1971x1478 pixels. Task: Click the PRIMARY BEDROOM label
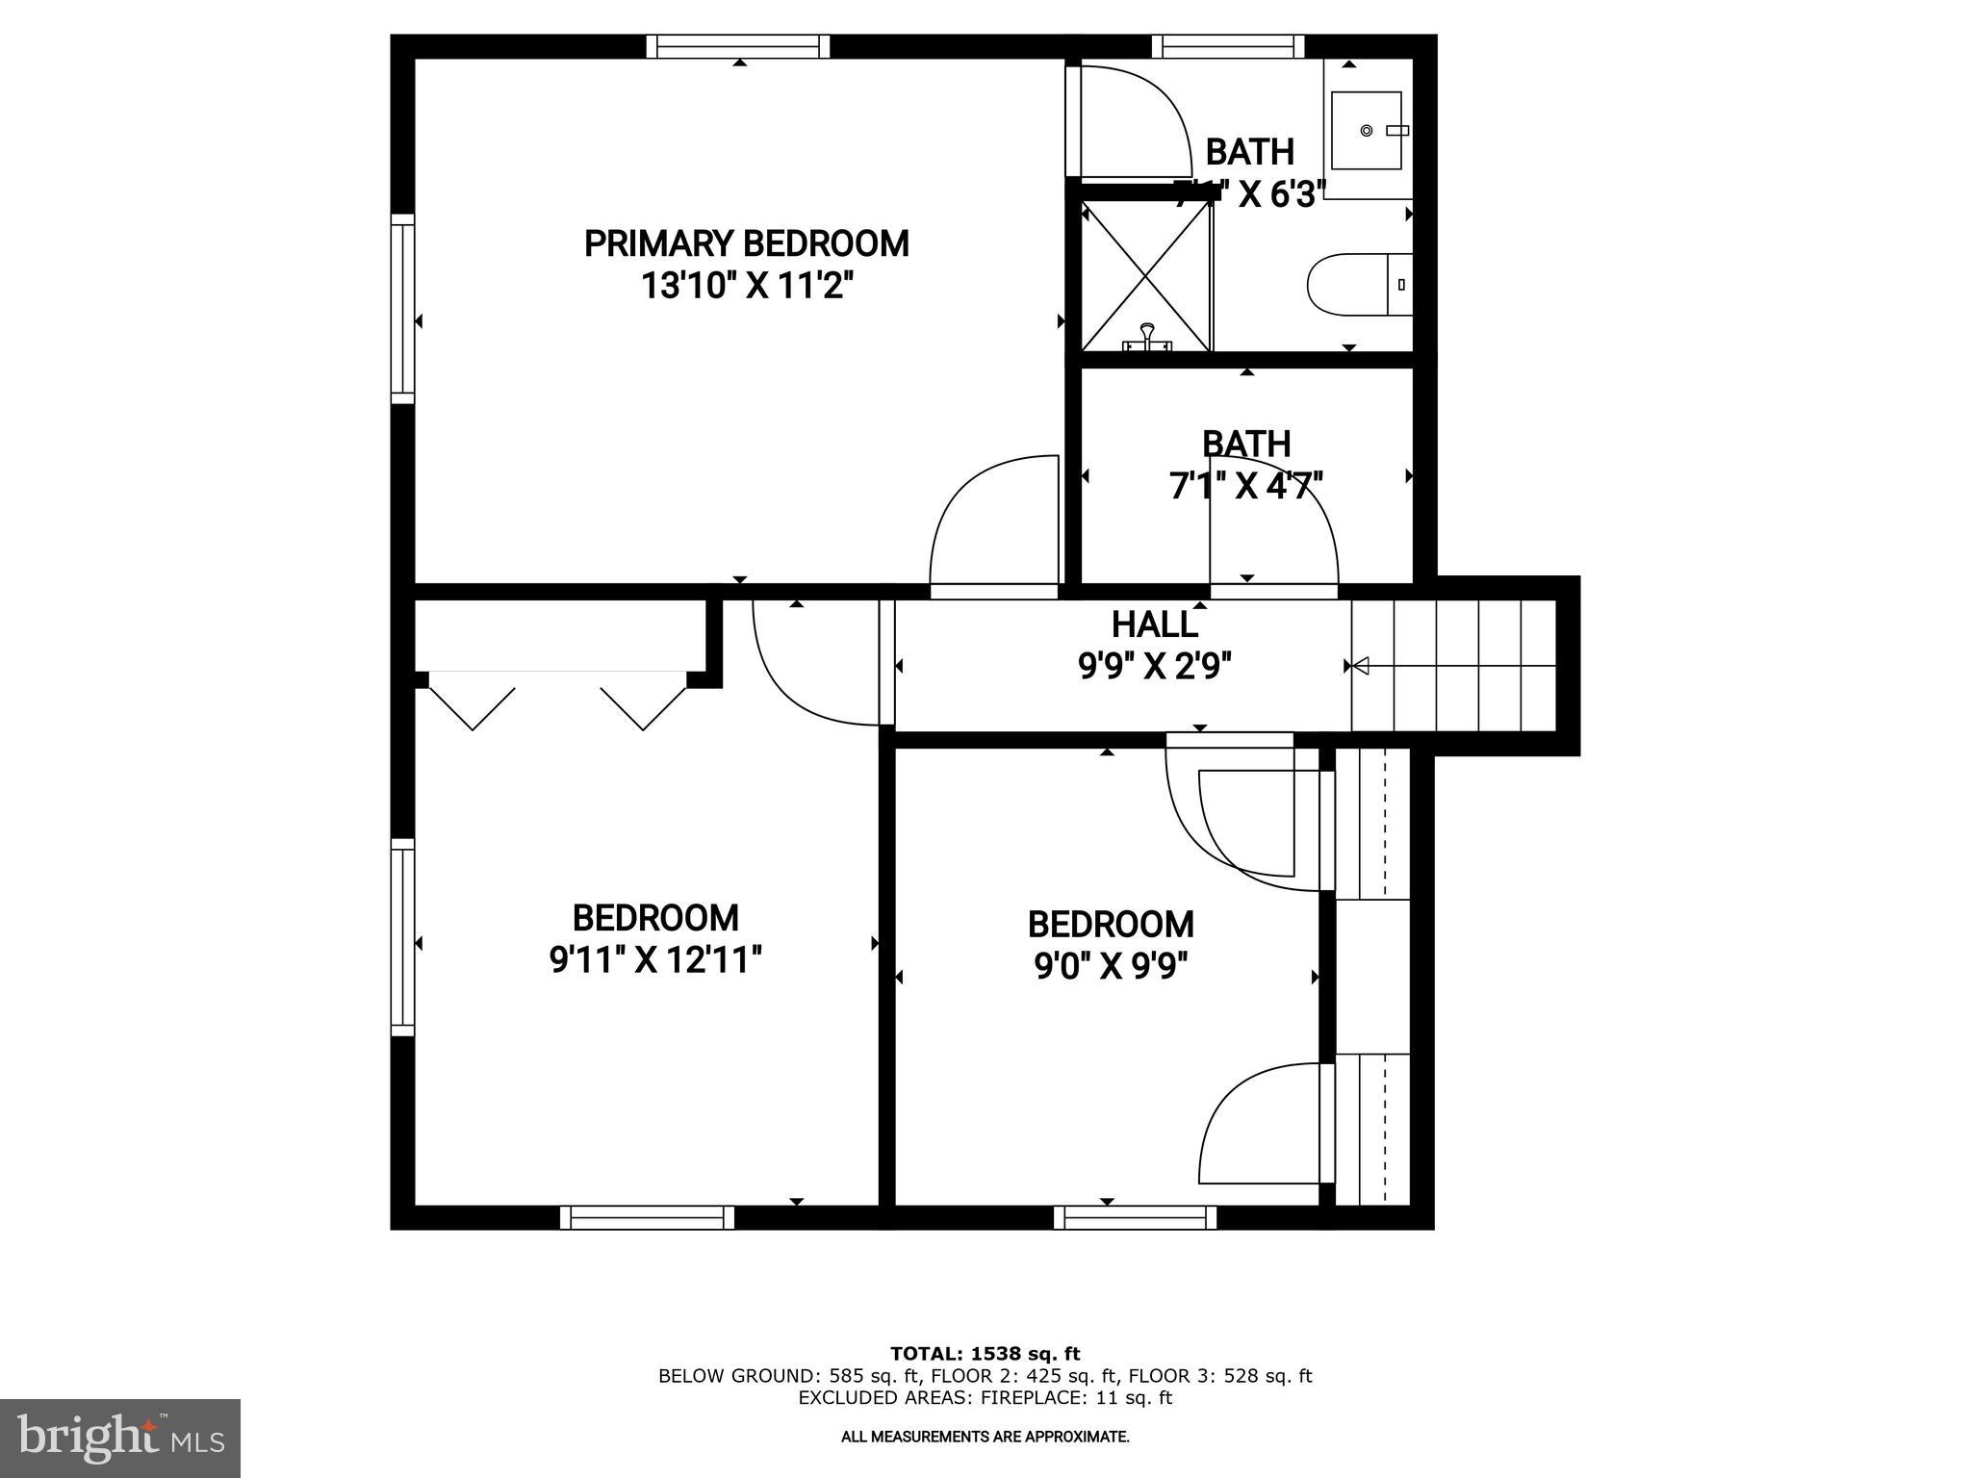tap(746, 244)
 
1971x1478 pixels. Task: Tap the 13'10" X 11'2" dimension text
tap(748, 287)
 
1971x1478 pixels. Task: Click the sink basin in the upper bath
tap(1366, 131)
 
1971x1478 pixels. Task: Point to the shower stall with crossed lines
tap(1145, 274)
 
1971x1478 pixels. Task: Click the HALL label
tap(1154, 624)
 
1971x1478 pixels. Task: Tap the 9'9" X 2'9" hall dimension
tap(1155, 666)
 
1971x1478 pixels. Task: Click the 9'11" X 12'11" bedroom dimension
tap(655, 960)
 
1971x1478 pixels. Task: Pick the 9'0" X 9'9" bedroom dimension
tap(1111, 965)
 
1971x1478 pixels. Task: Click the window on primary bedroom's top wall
tap(737, 46)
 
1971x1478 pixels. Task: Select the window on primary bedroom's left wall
tap(402, 308)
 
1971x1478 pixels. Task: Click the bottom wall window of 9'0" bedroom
tap(1135, 1217)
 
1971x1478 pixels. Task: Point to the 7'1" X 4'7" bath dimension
tap(1245, 486)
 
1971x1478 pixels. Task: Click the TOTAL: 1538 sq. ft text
tap(985, 1354)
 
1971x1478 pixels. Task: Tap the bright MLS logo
tap(120, 1438)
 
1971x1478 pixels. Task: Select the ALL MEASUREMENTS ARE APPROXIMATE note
tap(985, 1437)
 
